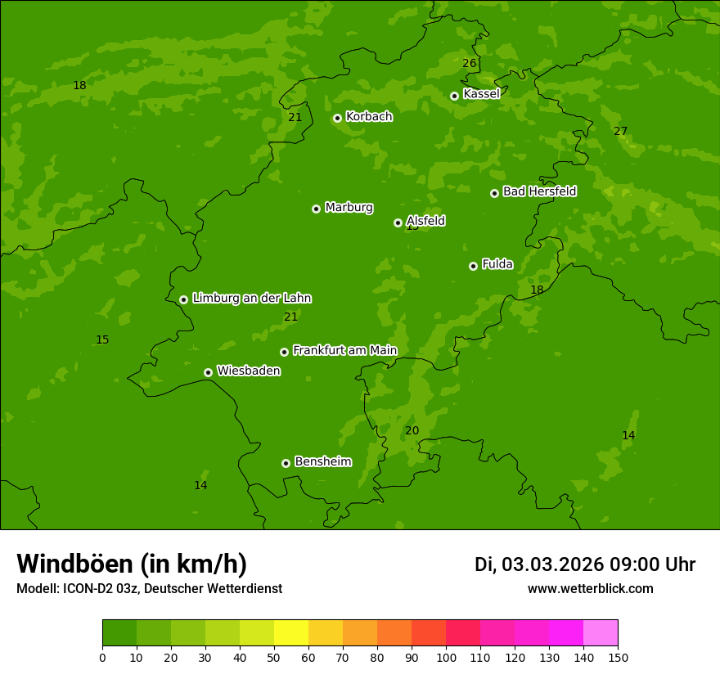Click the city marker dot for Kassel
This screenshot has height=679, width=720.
click(454, 96)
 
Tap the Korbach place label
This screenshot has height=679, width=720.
click(368, 117)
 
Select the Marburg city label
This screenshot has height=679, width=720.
click(349, 208)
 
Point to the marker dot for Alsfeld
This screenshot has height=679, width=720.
click(398, 223)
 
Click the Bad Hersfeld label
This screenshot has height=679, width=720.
click(539, 191)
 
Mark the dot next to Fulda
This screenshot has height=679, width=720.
click(473, 266)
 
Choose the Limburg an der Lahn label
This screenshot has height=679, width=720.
click(251, 299)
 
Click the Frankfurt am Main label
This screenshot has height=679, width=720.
click(344, 351)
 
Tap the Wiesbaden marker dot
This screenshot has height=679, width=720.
click(208, 372)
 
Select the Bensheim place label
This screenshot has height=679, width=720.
click(322, 462)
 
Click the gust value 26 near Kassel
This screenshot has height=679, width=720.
click(469, 64)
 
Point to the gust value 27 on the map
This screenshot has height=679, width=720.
click(620, 132)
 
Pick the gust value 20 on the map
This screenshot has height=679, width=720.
click(412, 431)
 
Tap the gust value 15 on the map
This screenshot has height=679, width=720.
click(102, 340)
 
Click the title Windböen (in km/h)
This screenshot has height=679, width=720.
click(132, 564)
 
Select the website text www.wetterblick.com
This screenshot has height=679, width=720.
click(590, 589)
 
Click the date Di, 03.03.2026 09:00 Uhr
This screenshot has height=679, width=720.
click(585, 564)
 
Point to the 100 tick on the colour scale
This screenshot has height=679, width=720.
click(446, 657)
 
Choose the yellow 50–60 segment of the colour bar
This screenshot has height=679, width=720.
click(291, 633)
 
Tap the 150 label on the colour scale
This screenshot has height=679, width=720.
click(618, 657)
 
